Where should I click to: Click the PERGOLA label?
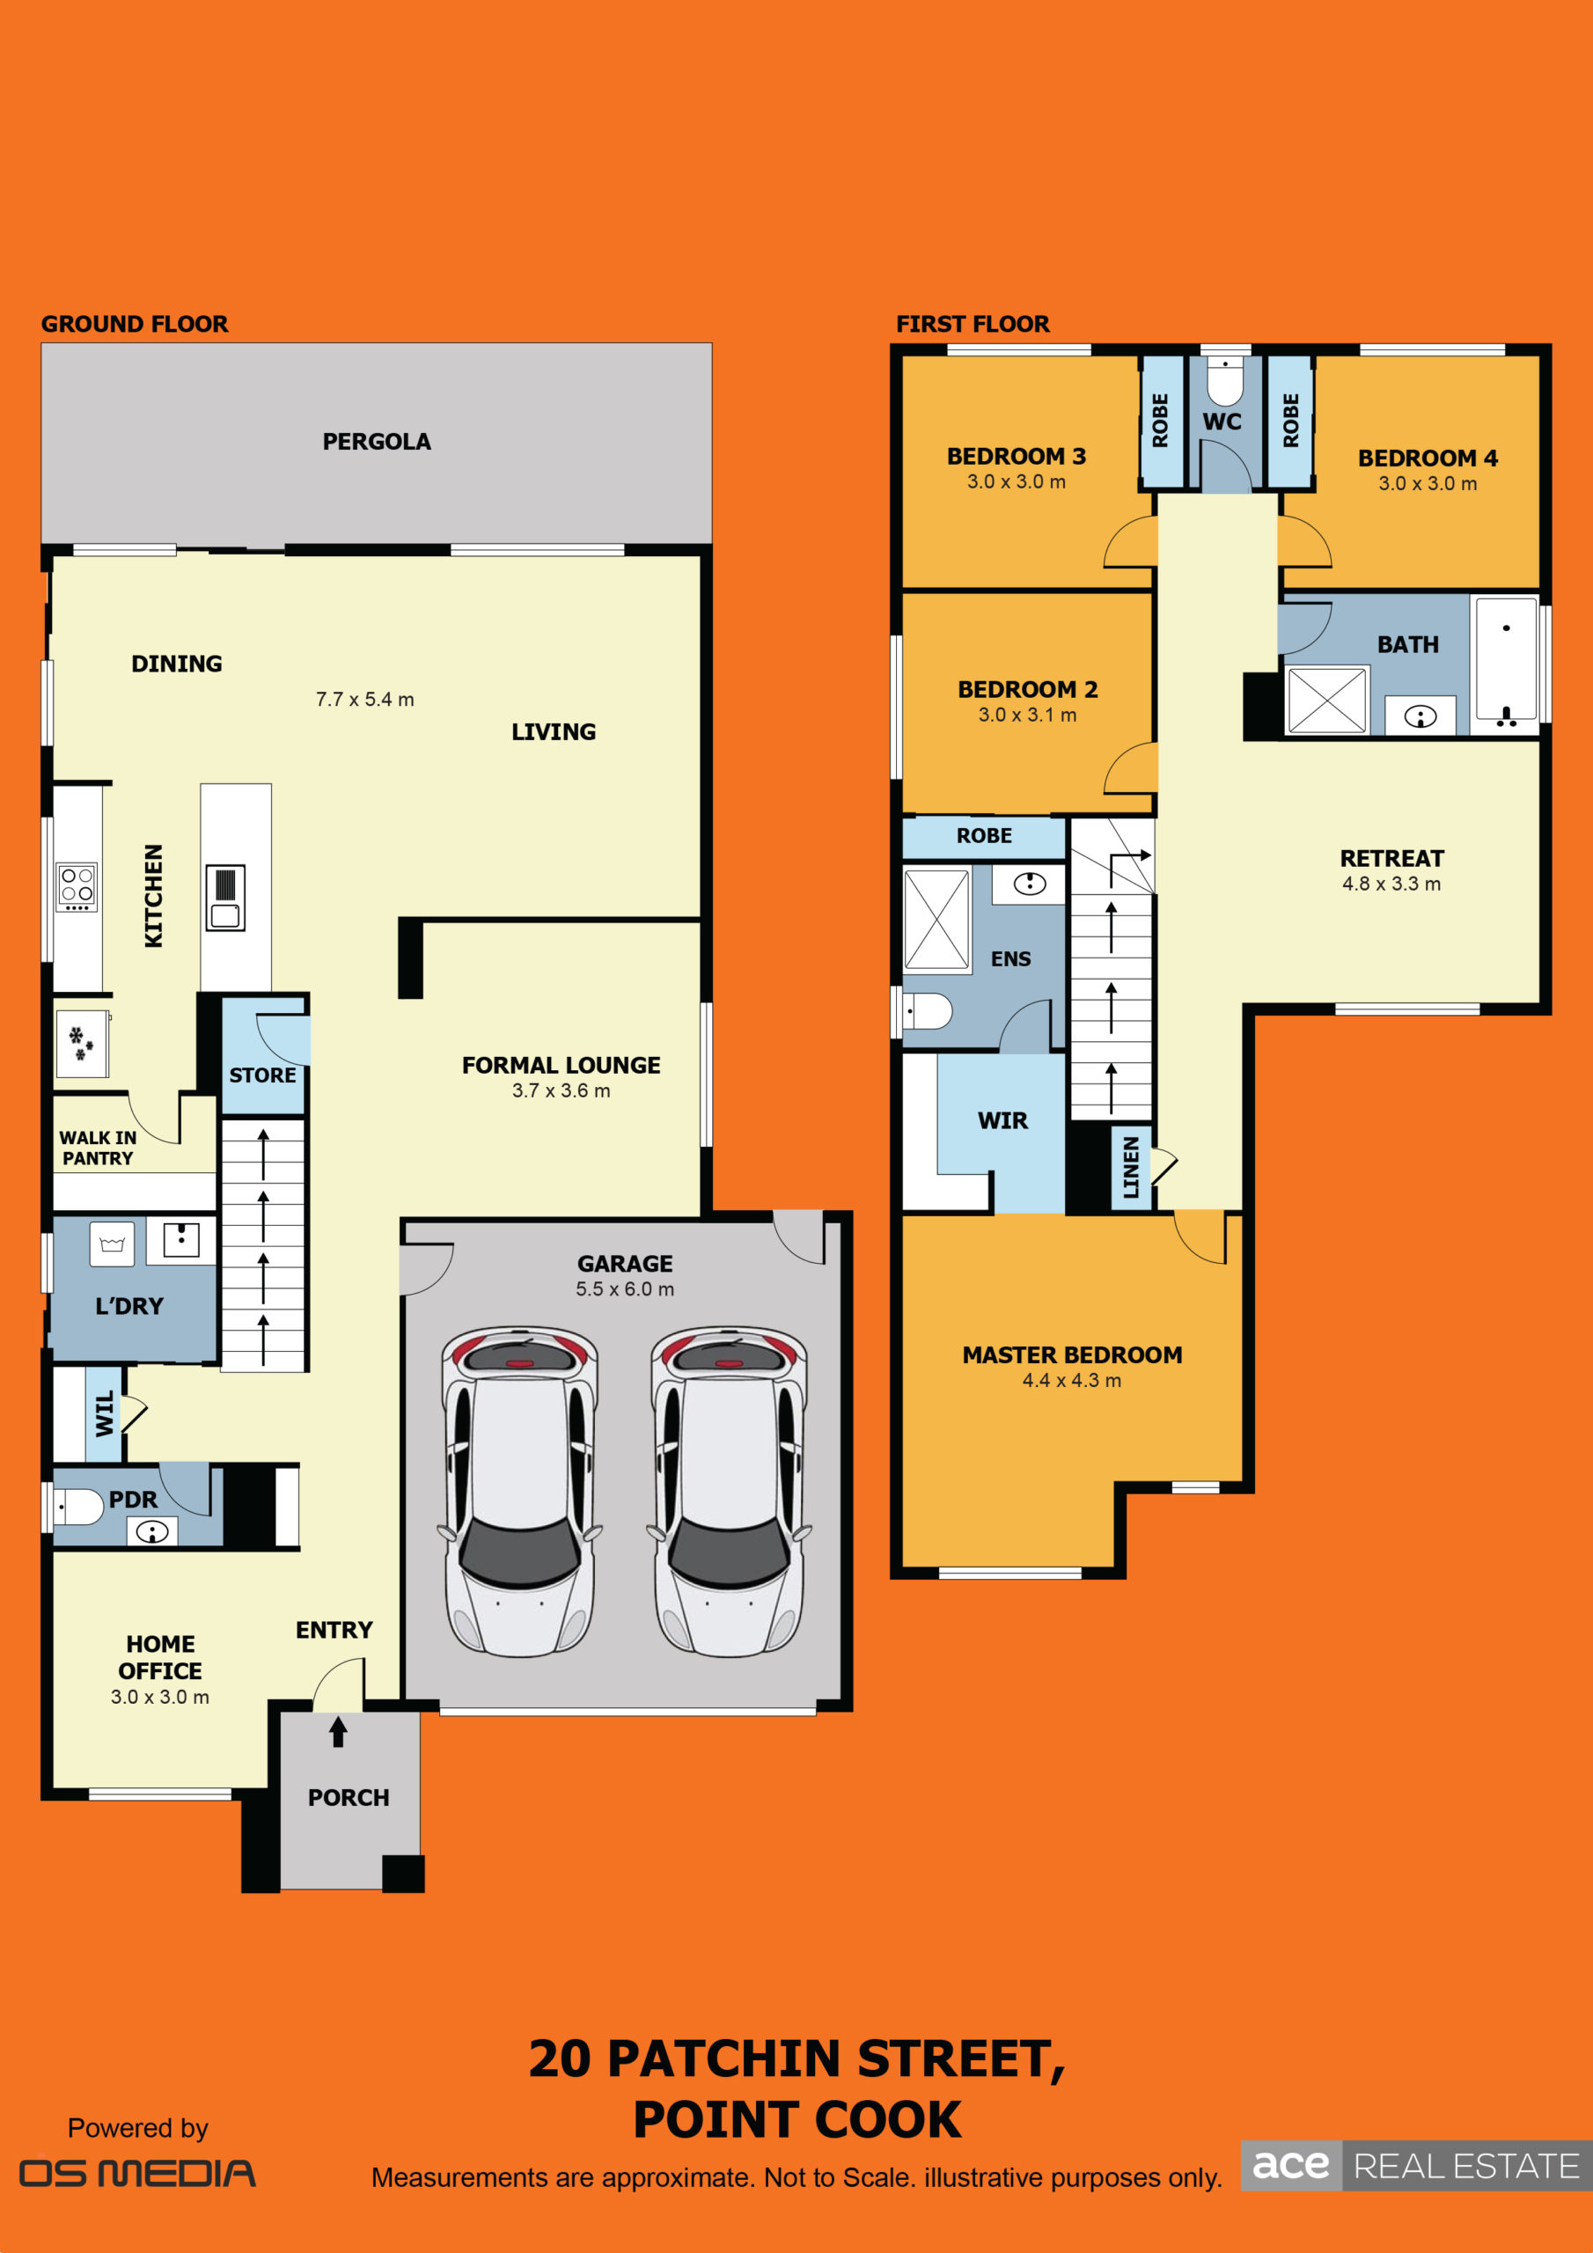(x=377, y=442)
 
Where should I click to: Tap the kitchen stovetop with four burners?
(x=77, y=887)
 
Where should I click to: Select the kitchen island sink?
(x=224, y=897)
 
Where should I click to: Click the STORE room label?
(x=262, y=1075)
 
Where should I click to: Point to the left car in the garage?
(x=520, y=1492)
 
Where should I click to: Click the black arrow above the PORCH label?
(x=339, y=1731)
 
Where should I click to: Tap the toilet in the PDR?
(x=78, y=1506)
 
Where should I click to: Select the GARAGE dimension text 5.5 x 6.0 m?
(x=625, y=1288)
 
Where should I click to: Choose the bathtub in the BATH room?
(x=1506, y=664)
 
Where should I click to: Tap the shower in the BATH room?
(x=1327, y=700)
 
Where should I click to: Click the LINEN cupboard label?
(x=1131, y=1167)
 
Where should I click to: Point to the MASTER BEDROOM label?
(x=1072, y=1354)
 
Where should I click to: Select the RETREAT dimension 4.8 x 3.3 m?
(x=1391, y=883)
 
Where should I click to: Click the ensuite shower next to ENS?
(x=936, y=921)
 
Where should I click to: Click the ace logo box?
(x=1291, y=2165)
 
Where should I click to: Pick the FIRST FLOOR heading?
(x=973, y=324)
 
